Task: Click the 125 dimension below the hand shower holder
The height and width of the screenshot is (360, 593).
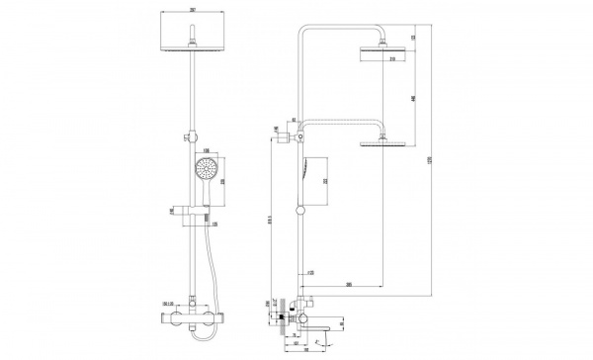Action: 213,224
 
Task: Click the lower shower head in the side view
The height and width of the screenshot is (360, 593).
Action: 381,145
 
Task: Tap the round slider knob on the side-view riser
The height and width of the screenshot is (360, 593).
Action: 299,210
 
